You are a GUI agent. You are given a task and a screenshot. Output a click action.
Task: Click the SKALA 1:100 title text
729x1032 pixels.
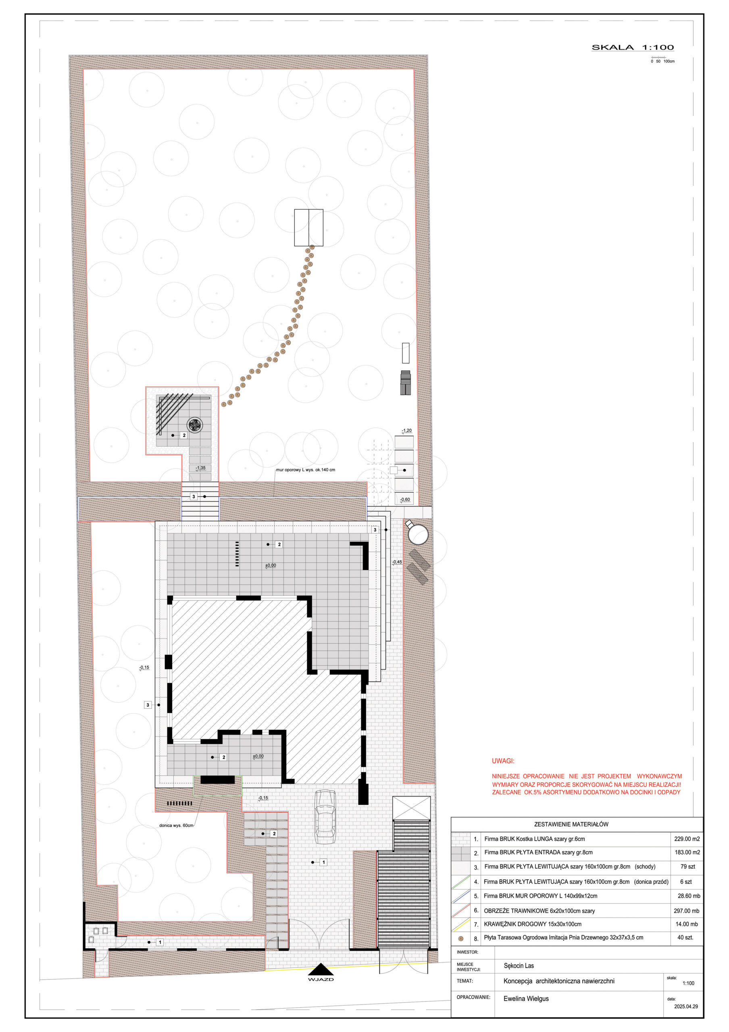pyautogui.click(x=632, y=47)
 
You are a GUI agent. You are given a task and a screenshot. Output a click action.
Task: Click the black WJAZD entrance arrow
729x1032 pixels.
pyautogui.click(x=321, y=970)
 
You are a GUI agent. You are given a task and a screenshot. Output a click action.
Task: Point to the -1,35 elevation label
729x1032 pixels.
pyautogui.click(x=200, y=468)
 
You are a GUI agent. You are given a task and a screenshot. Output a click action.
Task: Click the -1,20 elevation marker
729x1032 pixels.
pyautogui.click(x=406, y=431)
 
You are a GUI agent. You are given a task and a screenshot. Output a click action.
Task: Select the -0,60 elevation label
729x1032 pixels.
pyautogui.click(x=405, y=499)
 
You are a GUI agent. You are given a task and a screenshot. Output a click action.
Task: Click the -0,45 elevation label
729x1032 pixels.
pyautogui.click(x=397, y=562)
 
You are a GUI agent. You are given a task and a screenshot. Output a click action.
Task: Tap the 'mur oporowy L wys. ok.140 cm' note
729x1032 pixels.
pyautogui.click(x=306, y=470)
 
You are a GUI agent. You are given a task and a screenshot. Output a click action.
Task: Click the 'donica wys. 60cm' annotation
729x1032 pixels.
pyautogui.click(x=176, y=825)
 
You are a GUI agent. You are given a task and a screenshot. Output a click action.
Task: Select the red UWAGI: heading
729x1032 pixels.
pyautogui.click(x=503, y=761)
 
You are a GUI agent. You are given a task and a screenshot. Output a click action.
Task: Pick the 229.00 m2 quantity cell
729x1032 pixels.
pyautogui.click(x=687, y=839)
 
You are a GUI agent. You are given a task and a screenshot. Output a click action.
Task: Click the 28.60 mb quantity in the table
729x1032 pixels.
pyautogui.click(x=689, y=896)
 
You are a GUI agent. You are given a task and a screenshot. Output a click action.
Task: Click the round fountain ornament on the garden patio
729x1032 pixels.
pyautogui.click(x=195, y=425)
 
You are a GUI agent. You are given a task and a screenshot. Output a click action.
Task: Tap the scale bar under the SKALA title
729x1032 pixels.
pyautogui.click(x=658, y=57)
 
